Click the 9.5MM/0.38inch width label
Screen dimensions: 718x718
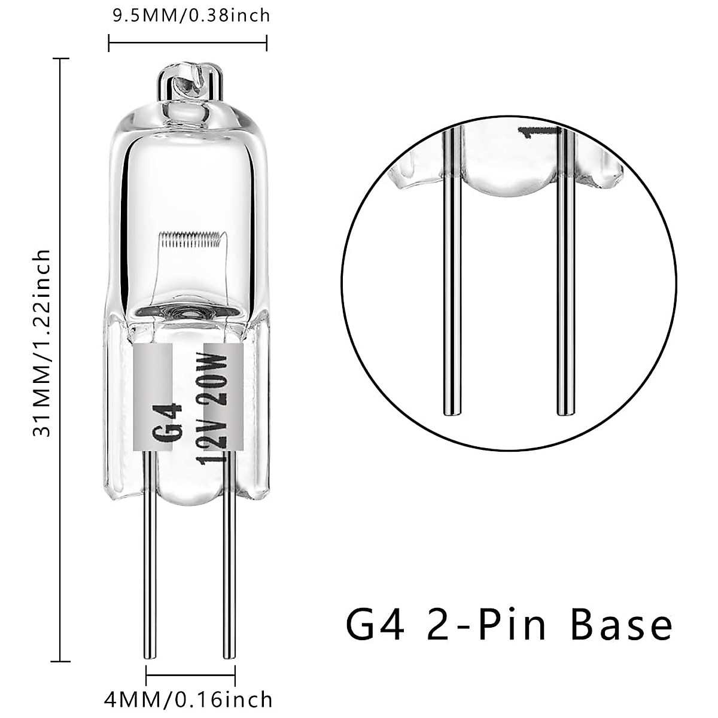pos(191,14)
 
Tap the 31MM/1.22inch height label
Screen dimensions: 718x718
pos(41,344)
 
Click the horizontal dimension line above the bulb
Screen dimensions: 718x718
pos(187,42)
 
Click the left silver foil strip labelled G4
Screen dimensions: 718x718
pos(152,395)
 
